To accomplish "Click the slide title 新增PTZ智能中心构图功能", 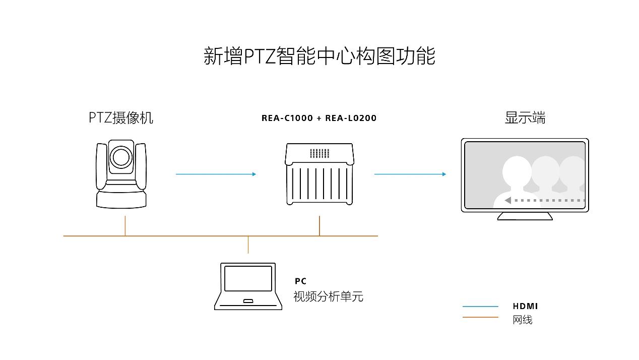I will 319,55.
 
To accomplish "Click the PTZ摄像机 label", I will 121,117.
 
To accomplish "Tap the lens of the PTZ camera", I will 121,157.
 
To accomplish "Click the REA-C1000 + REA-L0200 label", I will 319,118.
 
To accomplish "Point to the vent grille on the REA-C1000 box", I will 319,153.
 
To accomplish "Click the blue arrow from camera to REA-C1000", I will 216,174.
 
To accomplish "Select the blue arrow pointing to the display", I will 410,174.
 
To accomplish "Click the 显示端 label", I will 525,117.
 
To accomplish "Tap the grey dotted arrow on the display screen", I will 544,201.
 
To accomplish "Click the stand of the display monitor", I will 525,216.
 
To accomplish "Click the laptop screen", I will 248,278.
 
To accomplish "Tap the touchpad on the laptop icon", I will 248,302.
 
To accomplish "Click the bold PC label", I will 300,281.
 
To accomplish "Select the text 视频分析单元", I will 328,296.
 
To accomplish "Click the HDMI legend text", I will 525,306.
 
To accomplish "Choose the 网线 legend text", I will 523,320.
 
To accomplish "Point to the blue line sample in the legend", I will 480,306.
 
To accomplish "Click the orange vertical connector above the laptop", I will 248,245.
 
